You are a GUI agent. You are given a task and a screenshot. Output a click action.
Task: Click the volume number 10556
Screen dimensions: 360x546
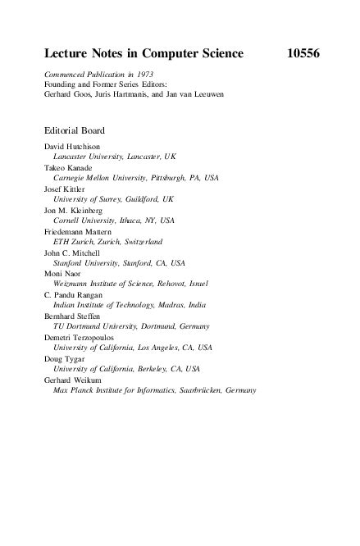[x=300, y=55]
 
